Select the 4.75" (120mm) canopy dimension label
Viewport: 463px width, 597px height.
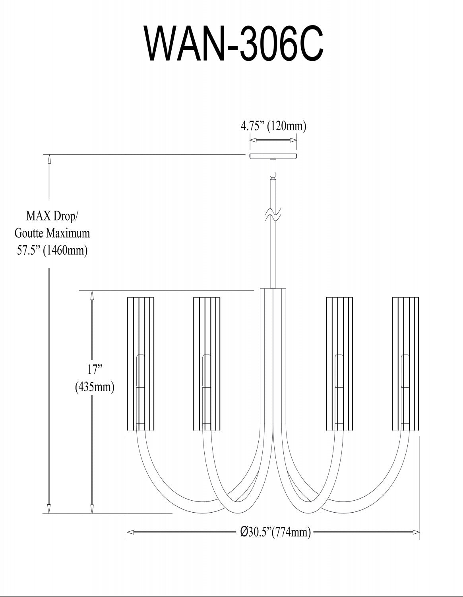point(273,127)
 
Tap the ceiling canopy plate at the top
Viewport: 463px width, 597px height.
point(273,156)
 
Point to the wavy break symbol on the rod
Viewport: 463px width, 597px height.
point(273,215)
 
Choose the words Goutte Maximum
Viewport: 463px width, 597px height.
point(52,232)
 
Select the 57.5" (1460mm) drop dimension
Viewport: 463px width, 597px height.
point(52,250)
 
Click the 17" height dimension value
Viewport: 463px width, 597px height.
point(95,369)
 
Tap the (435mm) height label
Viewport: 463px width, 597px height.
point(95,386)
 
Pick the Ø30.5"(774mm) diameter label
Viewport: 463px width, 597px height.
point(275,532)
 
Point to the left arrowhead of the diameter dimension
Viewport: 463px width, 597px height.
point(130,532)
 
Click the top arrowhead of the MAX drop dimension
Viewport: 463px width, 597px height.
point(49,158)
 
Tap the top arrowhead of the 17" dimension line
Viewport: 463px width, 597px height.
point(92,295)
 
